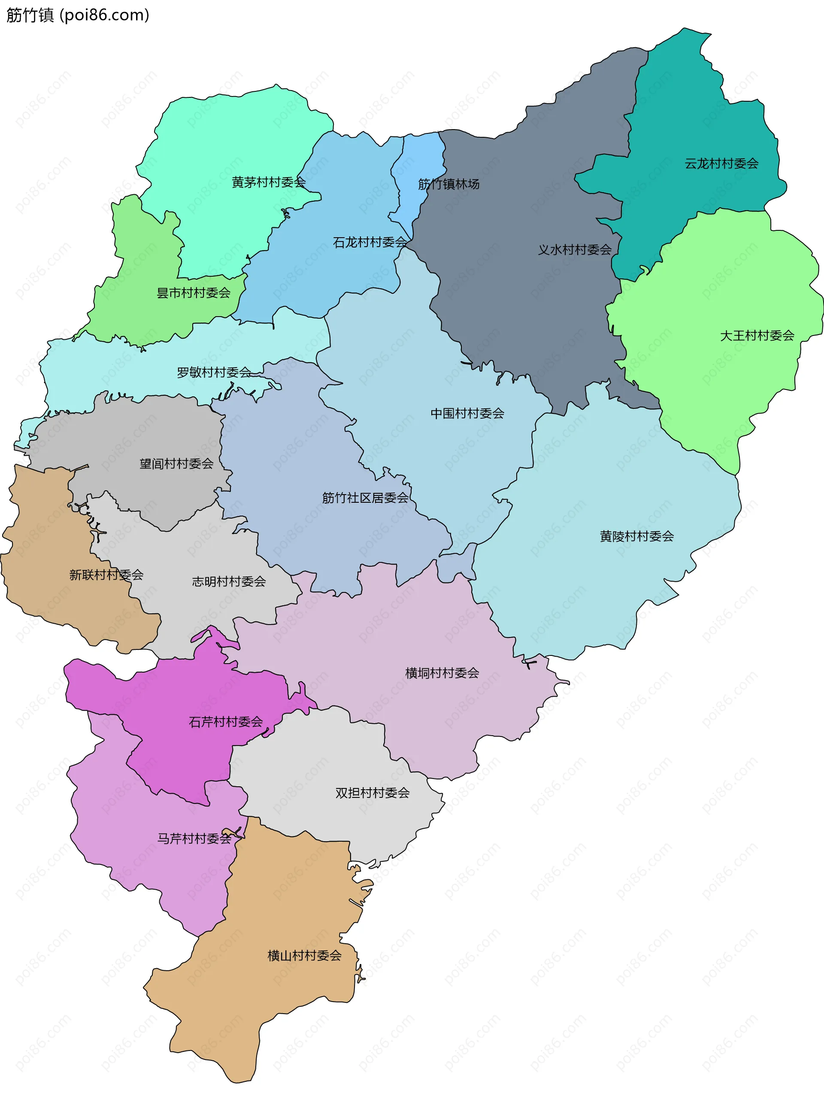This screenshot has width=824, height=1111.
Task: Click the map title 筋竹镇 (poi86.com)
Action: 77,15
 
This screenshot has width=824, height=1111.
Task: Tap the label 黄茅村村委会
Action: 268,182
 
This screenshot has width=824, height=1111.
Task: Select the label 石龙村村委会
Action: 370,242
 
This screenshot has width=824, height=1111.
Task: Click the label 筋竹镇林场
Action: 448,184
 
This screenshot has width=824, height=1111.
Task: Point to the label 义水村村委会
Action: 574,250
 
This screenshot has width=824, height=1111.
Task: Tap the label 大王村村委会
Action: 757,335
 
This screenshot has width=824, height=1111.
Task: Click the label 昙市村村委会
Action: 194,293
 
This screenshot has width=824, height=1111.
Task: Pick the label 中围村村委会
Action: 467,413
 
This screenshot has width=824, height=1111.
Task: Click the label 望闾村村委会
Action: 176,464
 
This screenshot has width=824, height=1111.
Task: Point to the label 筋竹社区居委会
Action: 365,498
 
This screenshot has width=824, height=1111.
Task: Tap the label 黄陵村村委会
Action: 636,536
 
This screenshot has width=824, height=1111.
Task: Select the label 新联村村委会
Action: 106,575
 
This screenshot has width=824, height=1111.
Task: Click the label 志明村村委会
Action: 229,581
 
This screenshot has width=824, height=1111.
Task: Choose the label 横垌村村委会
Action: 442,673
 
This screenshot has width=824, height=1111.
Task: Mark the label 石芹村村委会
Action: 225,722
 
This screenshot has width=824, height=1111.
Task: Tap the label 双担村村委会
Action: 372,793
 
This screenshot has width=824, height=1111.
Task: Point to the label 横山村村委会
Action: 304,955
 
